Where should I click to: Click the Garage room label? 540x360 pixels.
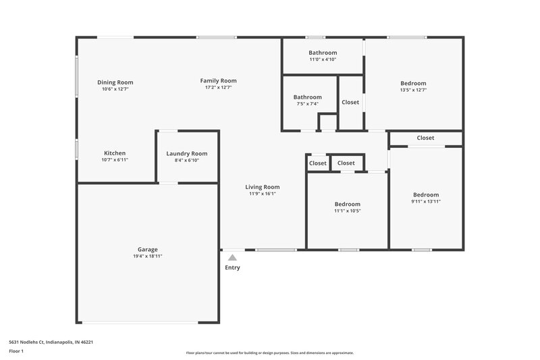(147, 249)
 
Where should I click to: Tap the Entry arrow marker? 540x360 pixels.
(232, 257)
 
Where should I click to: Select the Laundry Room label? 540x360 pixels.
(186, 153)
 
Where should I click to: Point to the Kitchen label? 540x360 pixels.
(114, 153)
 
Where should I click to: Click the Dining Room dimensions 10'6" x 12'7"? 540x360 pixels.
(115, 89)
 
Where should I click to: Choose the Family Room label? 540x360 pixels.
(218, 81)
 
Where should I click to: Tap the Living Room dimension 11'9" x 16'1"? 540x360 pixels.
(262, 194)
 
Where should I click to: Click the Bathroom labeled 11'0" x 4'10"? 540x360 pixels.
(323, 53)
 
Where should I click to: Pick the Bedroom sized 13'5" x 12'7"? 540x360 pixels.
(413, 83)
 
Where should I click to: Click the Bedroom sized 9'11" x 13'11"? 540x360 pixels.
(425, 195)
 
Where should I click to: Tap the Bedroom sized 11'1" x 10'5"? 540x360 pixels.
(348, 204)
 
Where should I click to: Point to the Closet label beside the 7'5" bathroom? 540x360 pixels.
(350, 103)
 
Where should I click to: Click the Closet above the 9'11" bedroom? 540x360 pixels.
(425, 138)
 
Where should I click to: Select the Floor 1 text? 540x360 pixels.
(17, 351)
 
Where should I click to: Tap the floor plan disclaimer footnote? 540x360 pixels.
(269, 353)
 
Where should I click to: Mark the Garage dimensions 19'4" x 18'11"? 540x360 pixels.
(147, 257)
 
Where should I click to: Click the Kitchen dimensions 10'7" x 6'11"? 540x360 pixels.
(114, 160)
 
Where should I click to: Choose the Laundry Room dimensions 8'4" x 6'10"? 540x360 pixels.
(186, 160)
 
